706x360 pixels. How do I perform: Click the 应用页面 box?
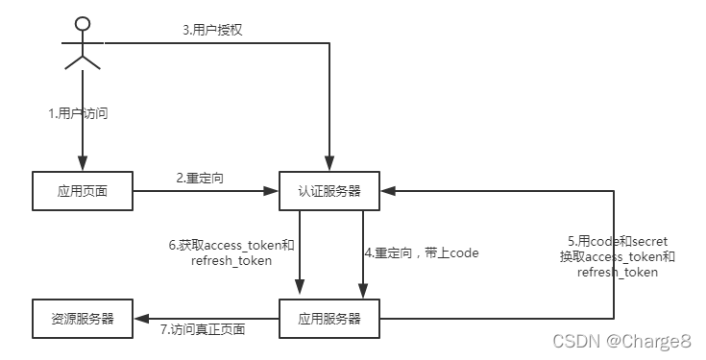[x=83, y=191]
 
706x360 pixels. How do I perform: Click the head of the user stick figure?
[x=84, y=23]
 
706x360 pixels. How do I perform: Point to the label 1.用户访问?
[x=79, y=114]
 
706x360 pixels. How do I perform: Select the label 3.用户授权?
[x=213, y=30]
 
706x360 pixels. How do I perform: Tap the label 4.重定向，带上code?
[x=422, y=253]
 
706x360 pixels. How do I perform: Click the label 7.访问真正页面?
[x=204, y=330]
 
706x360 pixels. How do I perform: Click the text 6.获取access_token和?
[x=231, y=245]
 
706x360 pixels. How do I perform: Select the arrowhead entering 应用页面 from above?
[x=83, y=166]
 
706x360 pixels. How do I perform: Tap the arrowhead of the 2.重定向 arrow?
[x=271, y=191]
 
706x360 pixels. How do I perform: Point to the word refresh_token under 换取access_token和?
[x=618, y=273]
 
